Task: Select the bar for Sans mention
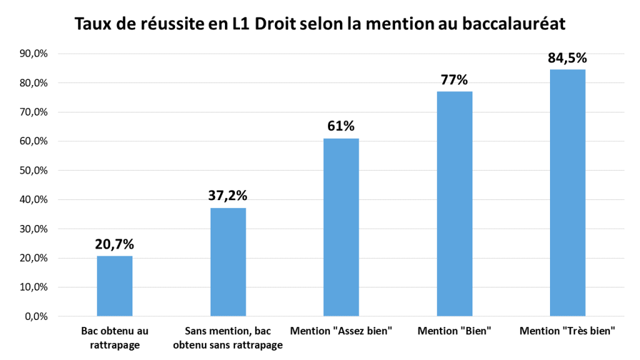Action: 228,262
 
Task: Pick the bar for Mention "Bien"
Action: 454,204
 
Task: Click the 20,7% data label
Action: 114,244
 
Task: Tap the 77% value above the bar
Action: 454,80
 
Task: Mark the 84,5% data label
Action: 567,58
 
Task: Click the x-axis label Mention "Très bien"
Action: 567,331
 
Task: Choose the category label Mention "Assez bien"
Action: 341,331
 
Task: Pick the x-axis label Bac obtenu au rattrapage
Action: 114,337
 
